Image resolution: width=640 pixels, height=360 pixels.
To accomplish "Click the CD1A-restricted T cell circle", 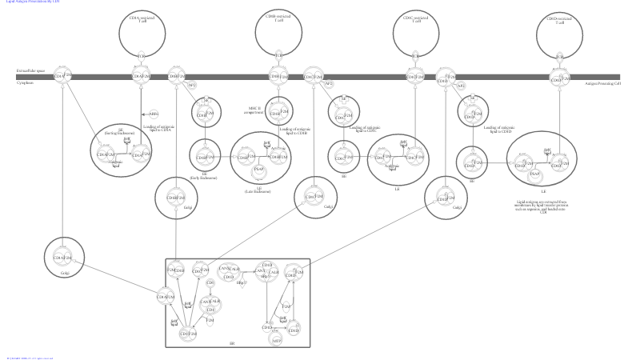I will [142, 30].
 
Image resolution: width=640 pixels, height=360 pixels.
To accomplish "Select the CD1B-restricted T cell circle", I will [278, 30].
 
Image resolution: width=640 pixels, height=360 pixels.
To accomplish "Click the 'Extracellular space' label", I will [30, 71].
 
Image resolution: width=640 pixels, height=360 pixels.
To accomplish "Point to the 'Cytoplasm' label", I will [25, 82].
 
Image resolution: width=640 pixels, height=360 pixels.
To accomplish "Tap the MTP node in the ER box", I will [275, 340].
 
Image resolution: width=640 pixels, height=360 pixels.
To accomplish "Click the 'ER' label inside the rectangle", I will [232, 343].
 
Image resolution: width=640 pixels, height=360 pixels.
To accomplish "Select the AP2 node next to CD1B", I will [192, 85].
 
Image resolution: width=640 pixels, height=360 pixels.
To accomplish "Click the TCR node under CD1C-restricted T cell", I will [415, 56].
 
